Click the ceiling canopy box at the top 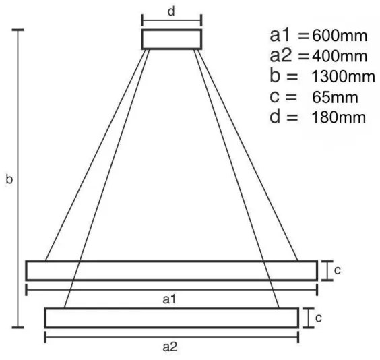point(171,39)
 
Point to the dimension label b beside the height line point(9,180)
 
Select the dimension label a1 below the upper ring point(171,298)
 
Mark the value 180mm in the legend point(339,117)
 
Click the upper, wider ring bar point(171,270)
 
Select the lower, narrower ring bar point(171,318)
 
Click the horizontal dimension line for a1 point(171,289)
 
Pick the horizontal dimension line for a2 point(171,335)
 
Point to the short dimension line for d point(172,20)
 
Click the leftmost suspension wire point(94,155)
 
